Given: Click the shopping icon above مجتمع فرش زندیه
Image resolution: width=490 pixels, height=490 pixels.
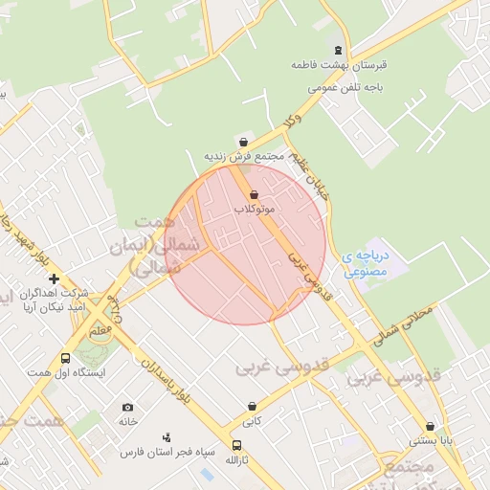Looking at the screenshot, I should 243,142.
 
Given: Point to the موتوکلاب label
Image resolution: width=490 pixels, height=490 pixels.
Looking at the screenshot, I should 254,208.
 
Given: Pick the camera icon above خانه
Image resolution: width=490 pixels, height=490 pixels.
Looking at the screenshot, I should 128,408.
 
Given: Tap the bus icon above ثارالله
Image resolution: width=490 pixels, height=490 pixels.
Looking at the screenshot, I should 236,445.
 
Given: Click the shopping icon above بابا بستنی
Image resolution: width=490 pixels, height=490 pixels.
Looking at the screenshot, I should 429,427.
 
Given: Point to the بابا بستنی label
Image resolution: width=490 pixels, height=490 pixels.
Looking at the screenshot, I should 429,441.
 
